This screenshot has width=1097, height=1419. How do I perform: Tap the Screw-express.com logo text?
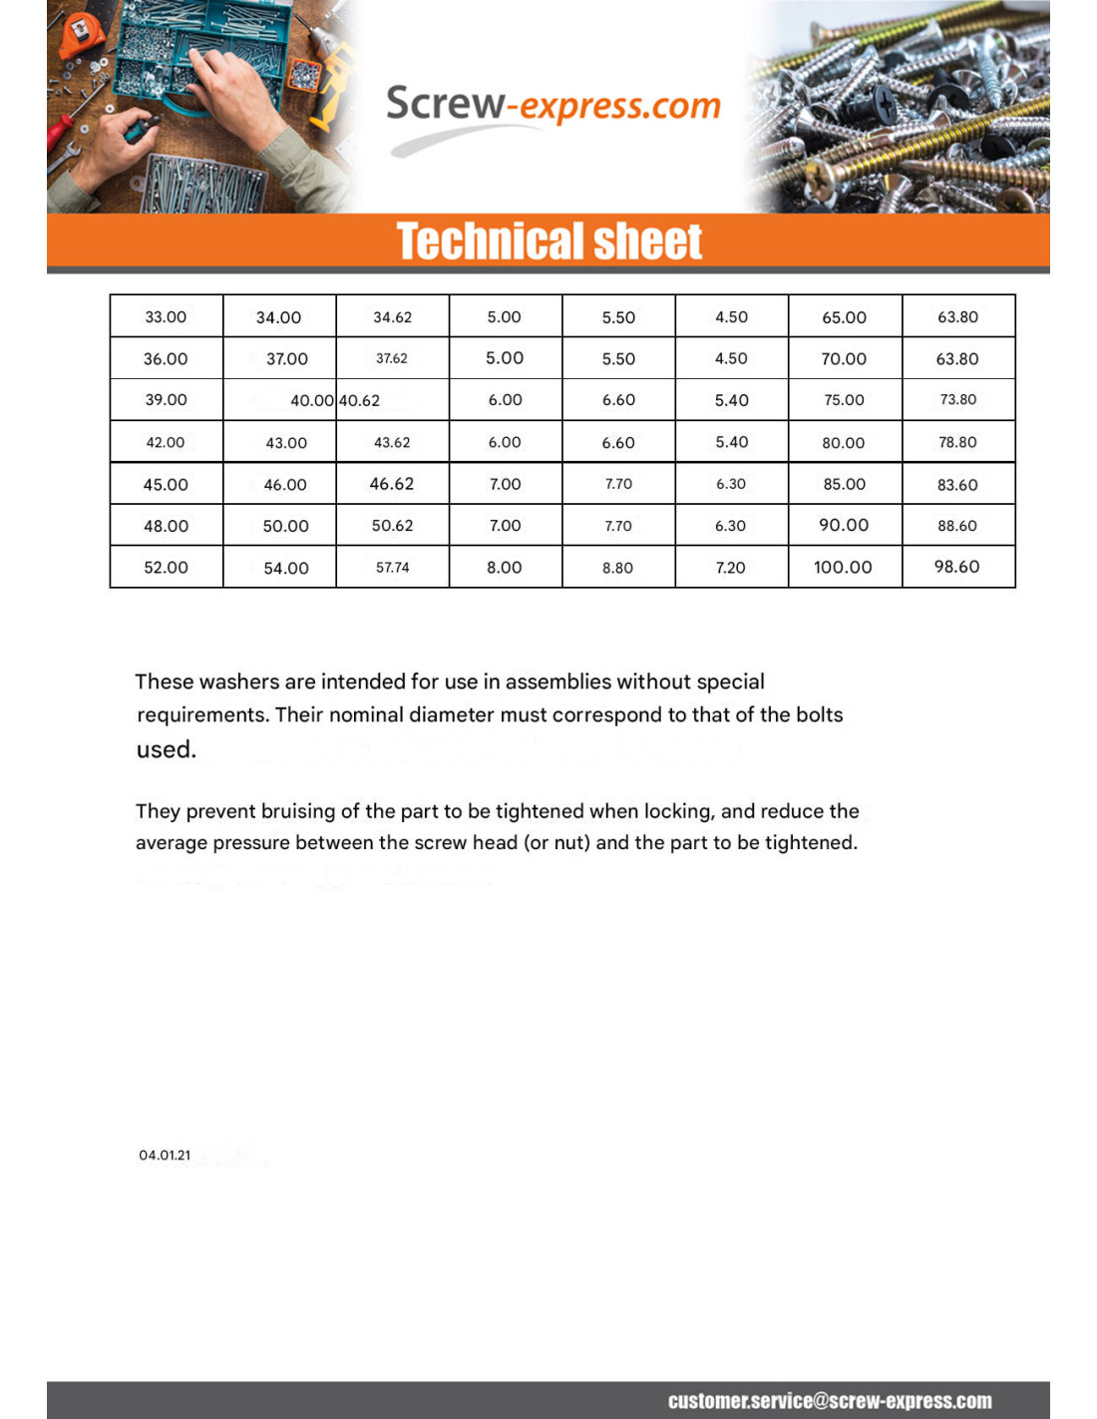[x=552, y=105]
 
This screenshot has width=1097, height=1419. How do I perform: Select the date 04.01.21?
[x=165, y=1155]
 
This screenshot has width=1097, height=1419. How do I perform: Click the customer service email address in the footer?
[x=830, y=1400]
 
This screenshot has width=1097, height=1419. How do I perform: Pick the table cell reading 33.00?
[x=166, y=317]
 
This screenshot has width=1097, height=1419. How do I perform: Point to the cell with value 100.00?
[x=843, y=567]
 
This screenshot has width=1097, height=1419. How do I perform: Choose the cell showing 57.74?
[x=392, y=567]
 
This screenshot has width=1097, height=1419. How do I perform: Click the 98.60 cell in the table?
[x=956, y=567]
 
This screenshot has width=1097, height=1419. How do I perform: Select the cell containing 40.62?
[x=360, y=400]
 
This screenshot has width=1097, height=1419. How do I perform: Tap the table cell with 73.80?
[x=957, y=399]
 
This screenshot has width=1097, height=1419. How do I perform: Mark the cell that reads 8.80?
[x=617, y=567]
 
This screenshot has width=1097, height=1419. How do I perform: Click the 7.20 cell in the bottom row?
[x=730, y=567]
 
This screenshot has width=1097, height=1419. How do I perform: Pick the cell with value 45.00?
[x=166, y=484]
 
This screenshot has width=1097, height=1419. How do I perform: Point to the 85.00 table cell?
[x=844, y=484]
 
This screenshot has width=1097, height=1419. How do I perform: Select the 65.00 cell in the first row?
[x=844, y=317]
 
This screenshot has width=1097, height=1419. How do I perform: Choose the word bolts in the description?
[x=819, y=714]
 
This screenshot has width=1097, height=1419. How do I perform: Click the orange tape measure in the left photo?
[x=82, y=32]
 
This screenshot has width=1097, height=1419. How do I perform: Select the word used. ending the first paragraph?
[x=166, y=749]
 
